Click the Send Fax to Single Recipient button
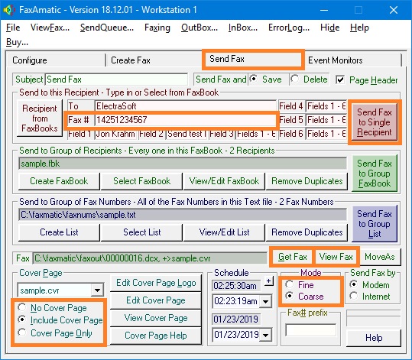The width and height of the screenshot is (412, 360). tap(375, 122)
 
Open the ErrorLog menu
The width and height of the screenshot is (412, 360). tap(289, 28)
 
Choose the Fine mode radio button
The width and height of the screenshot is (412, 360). tap(290, 284)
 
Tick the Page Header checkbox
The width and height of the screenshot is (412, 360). tap(340, 79)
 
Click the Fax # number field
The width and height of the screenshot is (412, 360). tap(185, 120)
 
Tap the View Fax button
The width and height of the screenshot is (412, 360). tap(336, 257)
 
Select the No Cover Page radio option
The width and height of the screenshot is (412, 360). tap(22, 307)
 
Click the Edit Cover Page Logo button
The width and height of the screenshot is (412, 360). tap(156, 283)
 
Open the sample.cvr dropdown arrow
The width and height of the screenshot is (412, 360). tap(98, 290)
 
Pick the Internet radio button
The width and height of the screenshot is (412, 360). tap(354, 296)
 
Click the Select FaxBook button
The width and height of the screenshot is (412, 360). tap(141, 181)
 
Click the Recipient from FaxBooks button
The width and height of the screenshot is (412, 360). tap(40, 118)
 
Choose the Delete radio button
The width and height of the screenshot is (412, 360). tap(295, 79)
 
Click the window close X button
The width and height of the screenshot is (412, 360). tap(394, 10)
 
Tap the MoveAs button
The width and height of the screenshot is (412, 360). tap(380, 257)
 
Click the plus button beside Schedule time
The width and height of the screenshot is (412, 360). tap(268, 281)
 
